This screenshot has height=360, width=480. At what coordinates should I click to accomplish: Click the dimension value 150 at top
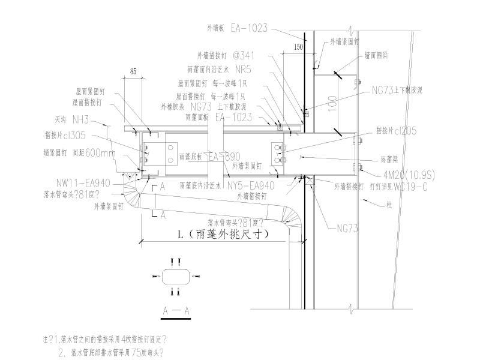[298, 46]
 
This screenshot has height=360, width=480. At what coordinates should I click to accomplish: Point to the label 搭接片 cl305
[70, 135]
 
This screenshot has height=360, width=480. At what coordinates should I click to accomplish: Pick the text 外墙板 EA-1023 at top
[237, 28]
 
